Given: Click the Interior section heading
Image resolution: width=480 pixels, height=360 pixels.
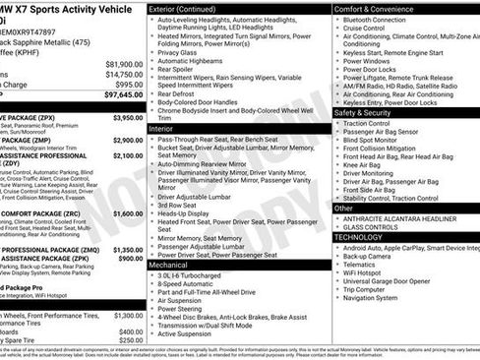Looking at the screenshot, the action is [161, 129].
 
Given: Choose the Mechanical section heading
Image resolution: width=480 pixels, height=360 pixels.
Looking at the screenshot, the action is [168, 265].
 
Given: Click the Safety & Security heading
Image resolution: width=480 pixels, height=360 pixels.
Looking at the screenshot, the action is [369, 112].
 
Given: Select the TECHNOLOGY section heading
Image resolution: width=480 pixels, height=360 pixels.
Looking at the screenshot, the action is [365, 237].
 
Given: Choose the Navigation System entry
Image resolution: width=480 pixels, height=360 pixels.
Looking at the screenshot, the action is [378, 297].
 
